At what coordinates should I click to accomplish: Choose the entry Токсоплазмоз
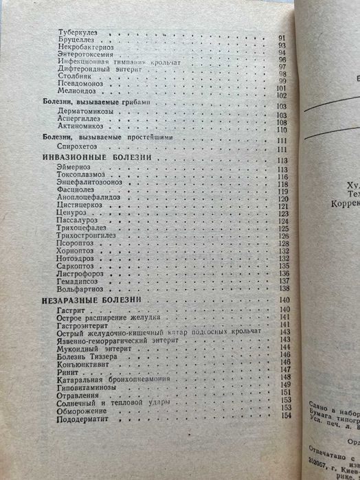[79, 177]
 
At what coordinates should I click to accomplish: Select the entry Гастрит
[70, 310]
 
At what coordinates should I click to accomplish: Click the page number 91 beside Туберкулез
[281, 36]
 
